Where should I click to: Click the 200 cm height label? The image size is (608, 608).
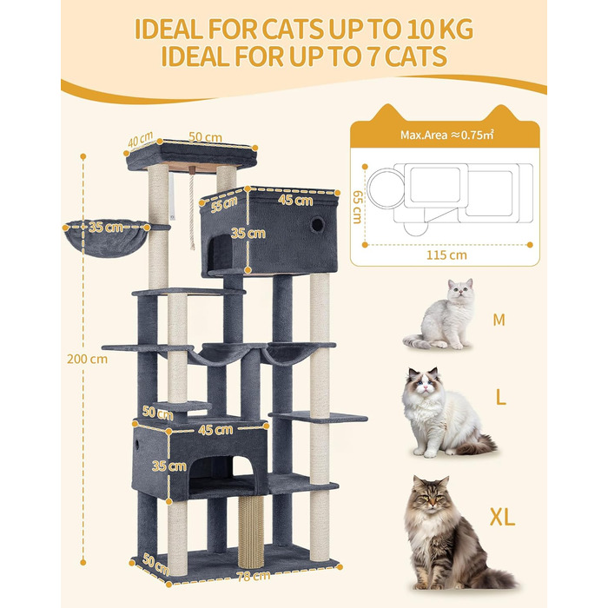point(87,359)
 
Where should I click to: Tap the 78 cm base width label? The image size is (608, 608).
point(254,576)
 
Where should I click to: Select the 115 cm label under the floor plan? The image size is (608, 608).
point(446,255)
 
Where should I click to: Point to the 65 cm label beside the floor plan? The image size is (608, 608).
point(358,207)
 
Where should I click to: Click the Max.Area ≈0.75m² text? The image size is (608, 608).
point(447,135)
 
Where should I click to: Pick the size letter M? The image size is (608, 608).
point(499,320)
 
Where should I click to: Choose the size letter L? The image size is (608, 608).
point(501,397)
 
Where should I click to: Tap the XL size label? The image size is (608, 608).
point(502,517)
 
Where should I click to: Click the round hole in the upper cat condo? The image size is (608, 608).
point(317,224)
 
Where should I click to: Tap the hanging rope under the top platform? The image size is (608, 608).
point(192,211)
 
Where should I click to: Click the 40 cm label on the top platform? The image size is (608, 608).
point(140,140)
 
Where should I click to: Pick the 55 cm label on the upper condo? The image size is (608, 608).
point(224,204)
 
